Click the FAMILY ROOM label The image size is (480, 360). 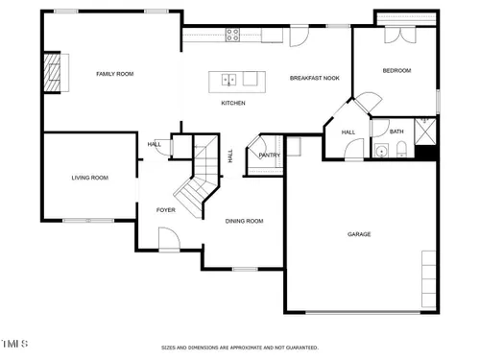115,74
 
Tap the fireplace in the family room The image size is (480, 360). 53,73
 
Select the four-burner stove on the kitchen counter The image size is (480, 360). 232,35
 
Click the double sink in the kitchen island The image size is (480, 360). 229,80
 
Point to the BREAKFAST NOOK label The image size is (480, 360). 315,78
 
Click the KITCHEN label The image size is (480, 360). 233,103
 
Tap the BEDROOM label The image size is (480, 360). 396,70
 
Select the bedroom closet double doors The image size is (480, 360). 400,35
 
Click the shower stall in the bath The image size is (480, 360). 425,132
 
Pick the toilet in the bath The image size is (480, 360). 401,149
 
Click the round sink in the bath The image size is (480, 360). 381,151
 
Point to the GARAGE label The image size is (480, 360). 359,234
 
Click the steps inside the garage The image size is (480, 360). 429,279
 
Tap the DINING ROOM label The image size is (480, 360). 244,221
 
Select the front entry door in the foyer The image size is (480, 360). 169,239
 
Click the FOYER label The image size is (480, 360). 166,210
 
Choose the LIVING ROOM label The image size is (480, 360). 90,178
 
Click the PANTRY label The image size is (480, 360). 270,156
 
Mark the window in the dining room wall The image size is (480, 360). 245,269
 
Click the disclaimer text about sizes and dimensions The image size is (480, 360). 240,348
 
